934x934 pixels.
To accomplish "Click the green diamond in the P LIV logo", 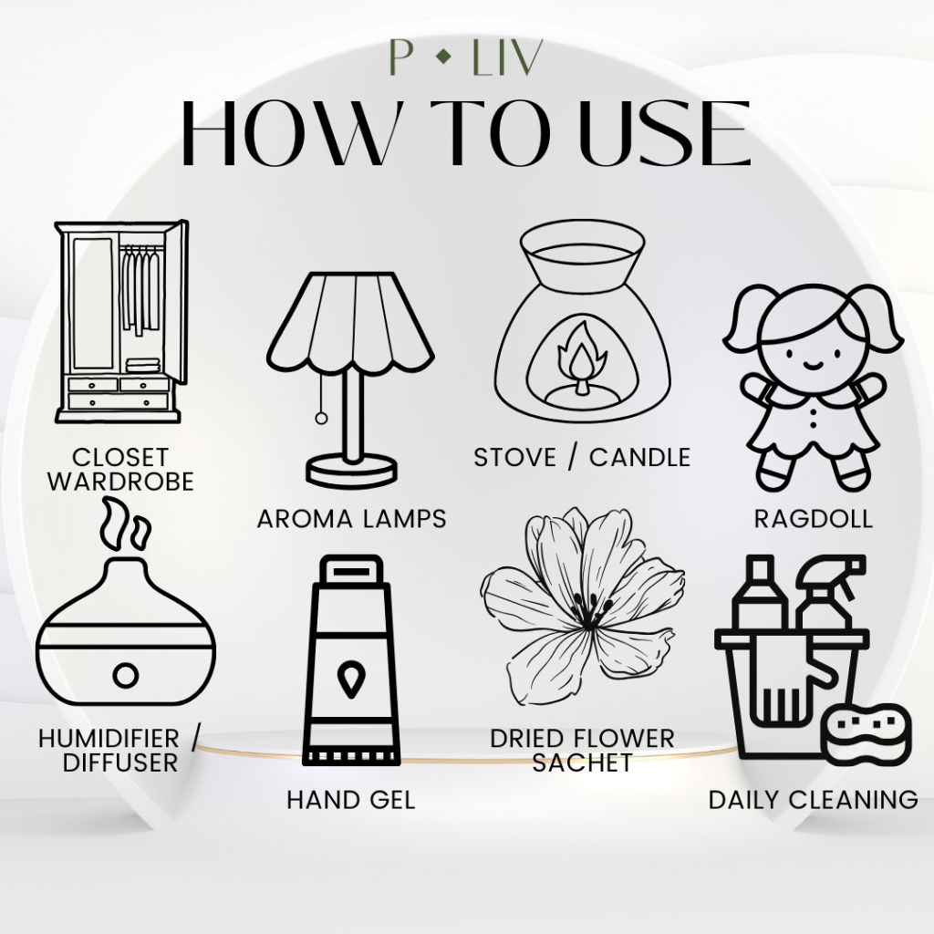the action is click(443, 57).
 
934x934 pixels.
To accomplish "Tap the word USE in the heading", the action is click(665, 134).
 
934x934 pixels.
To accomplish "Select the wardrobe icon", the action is click(121, 322).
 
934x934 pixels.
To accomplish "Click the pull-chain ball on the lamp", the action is click(321, 418).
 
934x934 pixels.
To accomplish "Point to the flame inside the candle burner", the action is click(581, 354).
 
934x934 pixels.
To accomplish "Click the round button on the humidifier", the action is click(126, 676).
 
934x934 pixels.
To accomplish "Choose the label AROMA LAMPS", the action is click(351, 519).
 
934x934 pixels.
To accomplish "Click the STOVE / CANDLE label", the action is click(582, 458).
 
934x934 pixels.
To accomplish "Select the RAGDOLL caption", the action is click(813, 519).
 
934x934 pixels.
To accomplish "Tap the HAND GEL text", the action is click(351, 800).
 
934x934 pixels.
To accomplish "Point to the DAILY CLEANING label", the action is click(813, 799).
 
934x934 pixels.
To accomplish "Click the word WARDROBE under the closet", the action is click(121, 482).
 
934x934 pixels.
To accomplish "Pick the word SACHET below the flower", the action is click(582, 763).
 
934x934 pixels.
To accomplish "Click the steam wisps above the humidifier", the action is click(125, 525).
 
